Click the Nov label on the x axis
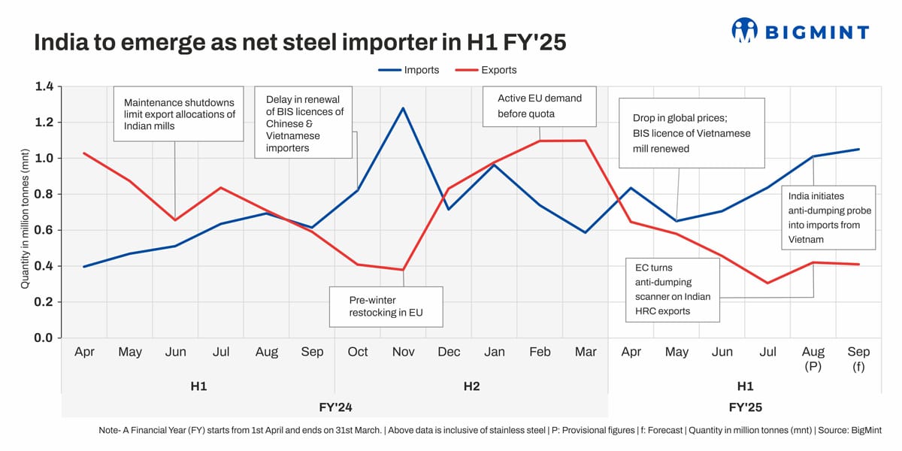click(x=403, y=352)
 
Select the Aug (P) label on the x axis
click(x=813, y=359)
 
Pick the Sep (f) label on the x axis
click(x=858, y=359)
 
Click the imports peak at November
click(x=403, y=108)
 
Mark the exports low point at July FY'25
click(x=767, y=283)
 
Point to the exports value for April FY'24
click(x=84, y=153)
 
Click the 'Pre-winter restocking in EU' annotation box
click(x=386, y=306)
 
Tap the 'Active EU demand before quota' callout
click(x=539, y=107)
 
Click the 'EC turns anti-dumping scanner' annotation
click(x=673, y=289)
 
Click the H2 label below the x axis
click(x=471, y=386)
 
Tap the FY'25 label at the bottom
click(x=745, y=407)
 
